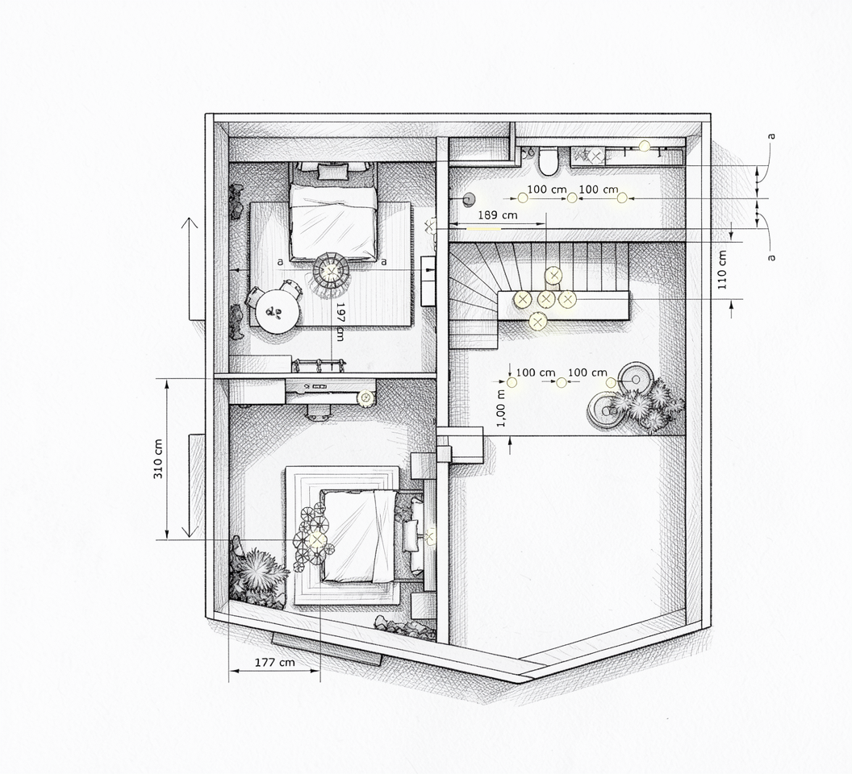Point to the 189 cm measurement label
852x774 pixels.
click(497, 215)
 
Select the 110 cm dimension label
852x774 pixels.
click(722, 270)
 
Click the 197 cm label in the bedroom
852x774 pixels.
click(340, 322)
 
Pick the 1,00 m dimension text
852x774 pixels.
click(501, 407)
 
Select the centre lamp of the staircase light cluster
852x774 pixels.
click(546, 299)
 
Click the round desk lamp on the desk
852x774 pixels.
click(365, 398)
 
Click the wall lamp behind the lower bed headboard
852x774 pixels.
click(430, 538)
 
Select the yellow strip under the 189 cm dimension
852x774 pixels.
click(483, 229)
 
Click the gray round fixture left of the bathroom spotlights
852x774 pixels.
click(467, 199)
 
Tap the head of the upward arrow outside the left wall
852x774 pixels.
click(189, 223)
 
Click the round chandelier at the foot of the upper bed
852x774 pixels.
click(331, 270)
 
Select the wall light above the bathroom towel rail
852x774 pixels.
click(645, 145)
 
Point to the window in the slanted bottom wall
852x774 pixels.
click(326, 648)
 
